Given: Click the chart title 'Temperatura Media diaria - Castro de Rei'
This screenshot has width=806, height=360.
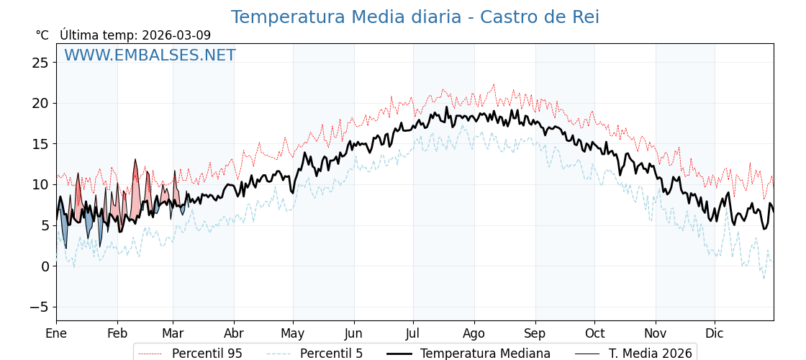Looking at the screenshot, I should tap(415, 17).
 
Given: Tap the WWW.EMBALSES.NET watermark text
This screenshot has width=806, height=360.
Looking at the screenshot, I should tap(150, 55).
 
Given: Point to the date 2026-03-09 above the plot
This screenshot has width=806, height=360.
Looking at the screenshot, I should tap(176, 35).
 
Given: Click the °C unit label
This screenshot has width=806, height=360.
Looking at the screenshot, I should tap(42, 35).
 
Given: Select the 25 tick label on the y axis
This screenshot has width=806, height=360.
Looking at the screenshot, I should tap(40, 63).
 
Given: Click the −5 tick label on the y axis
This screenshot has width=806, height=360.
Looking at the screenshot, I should tap(37, 307).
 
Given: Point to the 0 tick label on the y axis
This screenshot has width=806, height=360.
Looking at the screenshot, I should tap(44, 266).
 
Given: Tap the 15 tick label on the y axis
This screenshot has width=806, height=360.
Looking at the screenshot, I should tap(40, 144).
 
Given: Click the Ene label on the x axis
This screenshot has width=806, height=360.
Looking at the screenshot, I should tap(56, 333).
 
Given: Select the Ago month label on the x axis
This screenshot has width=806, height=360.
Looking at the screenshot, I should tap(474, 333).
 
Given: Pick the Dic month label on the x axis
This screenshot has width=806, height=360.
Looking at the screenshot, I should tap(715, 333).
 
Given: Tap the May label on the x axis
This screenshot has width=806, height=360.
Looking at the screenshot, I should tap(292, 333).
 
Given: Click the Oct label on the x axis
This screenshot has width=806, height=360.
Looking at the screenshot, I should tap(594, 333).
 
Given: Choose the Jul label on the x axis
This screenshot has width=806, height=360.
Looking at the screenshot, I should tap(413, 333).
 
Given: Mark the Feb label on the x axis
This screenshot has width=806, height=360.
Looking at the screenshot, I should tap(117, 333).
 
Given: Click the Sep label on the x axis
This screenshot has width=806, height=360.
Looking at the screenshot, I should tap(535, 333).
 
